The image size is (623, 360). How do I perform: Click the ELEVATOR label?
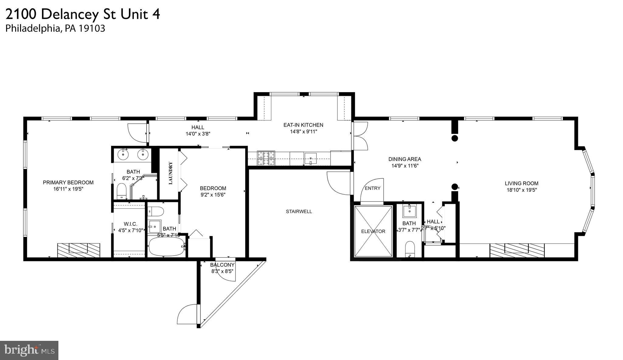pyautogui.click(x=373, y=231)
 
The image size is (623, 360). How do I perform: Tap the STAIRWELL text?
pyautogui.click(x=299, y=211)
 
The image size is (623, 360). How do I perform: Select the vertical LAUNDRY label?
pyautogui.click(x=170, y=173)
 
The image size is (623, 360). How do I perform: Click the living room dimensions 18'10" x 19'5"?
pyautogui.click(x=521, y=190)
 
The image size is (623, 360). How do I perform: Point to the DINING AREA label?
pyautogui.click(x=405, y=159)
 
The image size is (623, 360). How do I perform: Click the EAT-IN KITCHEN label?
pyautogui.click(x=303, y=125)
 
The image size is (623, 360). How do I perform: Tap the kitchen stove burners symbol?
pyautogui.click(x=266, y=158)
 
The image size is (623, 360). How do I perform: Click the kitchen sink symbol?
pyautogui.click(x=310, y=159)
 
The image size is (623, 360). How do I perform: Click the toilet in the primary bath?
pyautogui.click(x=122, y=190)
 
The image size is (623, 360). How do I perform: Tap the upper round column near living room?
pyautogui.click(x=454, y=138)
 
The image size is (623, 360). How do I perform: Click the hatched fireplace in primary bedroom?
pyautogui.click(x=78, y=250)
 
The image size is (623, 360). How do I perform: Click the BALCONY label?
pyautogui.click(x=222, y=265)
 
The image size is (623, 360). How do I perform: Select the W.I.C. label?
pyautogui.click(x=130, y=224)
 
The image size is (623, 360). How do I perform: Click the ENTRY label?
pyautogui.click(x=372, y=188)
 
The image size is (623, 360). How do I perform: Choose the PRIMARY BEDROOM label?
pyautogui.click(x=68, y=183)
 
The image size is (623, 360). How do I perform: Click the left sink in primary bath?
pyautogui.click(x=123, y=155)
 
